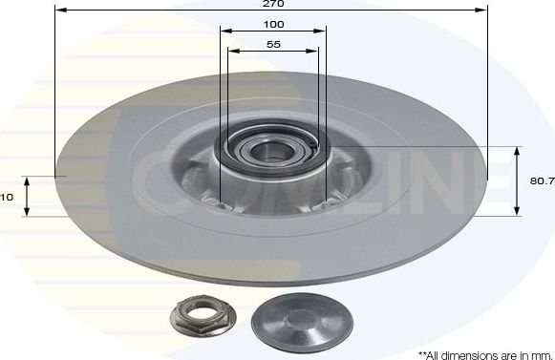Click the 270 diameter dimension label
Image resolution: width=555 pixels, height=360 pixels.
tap(273, 4)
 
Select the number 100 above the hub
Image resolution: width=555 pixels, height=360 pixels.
tap(273, 24)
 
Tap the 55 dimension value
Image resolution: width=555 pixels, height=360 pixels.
tap(273, 45)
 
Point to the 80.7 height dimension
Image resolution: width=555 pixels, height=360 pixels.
tap(541, 180)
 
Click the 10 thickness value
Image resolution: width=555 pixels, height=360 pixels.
tap(6, 196)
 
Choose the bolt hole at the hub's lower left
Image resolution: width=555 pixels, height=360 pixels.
tap(221, 202)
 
